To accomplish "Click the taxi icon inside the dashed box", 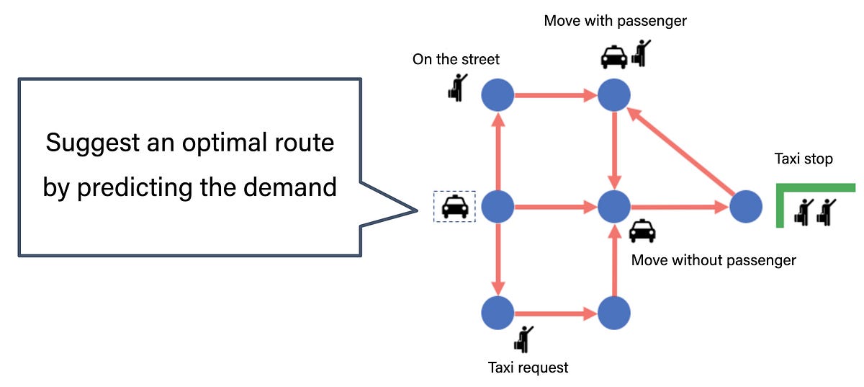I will click(x=454, y=207).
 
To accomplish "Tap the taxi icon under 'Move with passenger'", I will click(x=613, y=55).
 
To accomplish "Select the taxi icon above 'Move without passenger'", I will click(x=642, y=231).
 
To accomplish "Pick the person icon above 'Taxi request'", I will click(x=525, y=338).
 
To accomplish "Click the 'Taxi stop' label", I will click(x=803, y=159).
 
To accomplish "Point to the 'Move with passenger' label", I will click(x=615, y=20).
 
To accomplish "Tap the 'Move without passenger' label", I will click(x=713, y=260).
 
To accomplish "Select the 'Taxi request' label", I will click(x=528, y=368).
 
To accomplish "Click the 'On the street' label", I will click(x=456, y=59).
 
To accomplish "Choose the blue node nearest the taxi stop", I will click(x=745, y=208).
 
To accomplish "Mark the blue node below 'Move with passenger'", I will click(x=614, y=94).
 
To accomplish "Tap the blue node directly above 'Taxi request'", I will click(x=498, y=313).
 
